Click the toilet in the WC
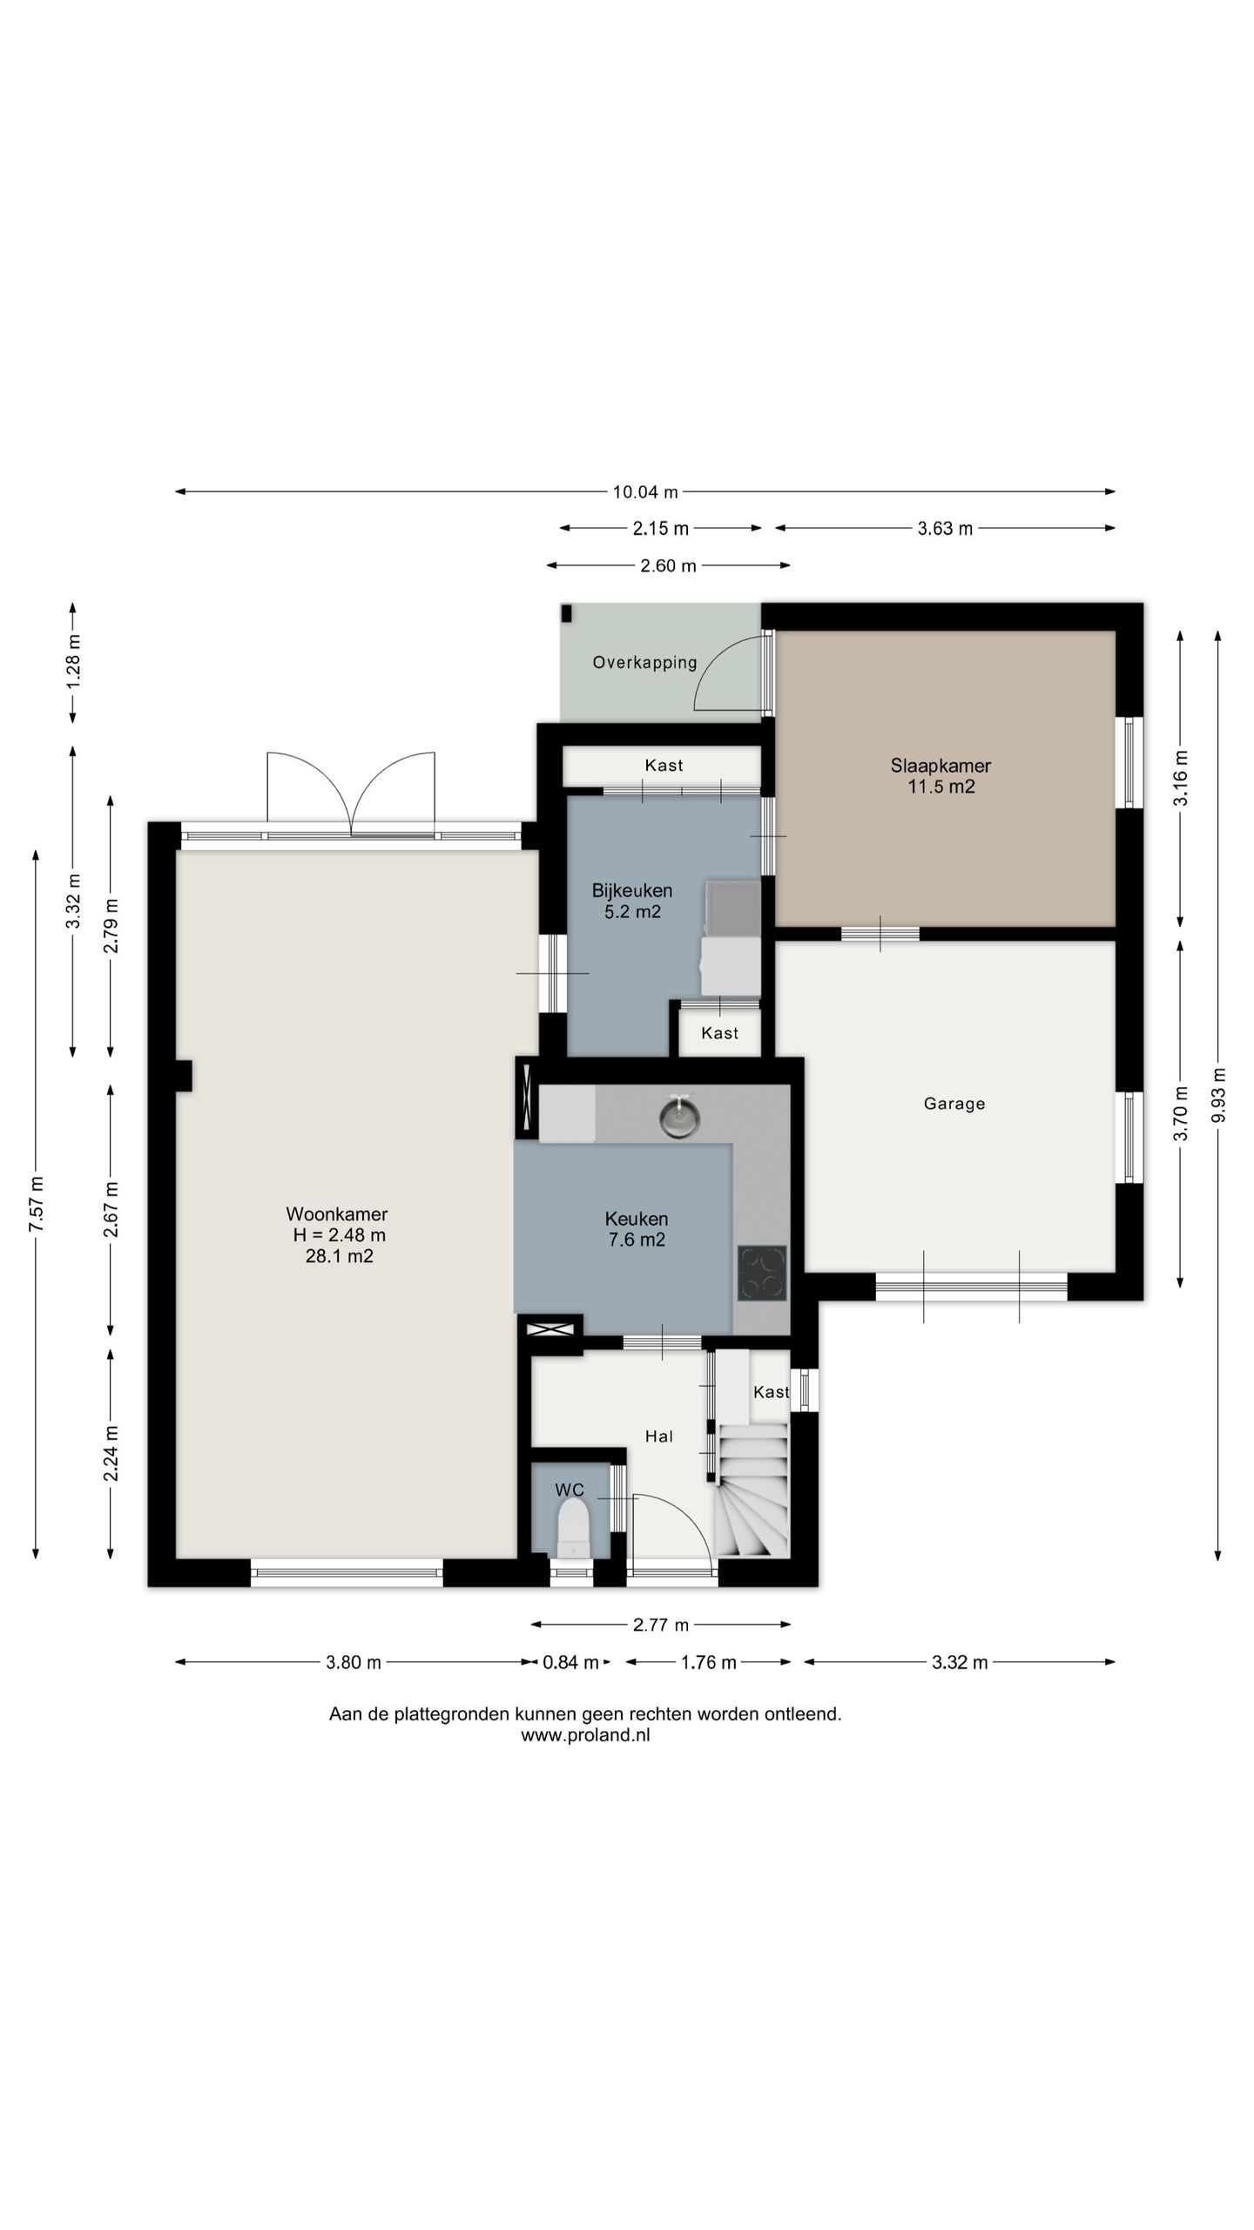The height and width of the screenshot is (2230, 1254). pyautogui.click(x=573, y=1527)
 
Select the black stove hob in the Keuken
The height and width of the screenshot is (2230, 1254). pyautogui.click(x=762, y=1273)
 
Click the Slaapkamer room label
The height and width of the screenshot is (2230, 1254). pyautogui.click(x=940, y=766)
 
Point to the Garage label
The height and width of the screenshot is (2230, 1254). pyautogui.click(x=954, y=1104)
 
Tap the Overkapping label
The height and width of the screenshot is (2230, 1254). pyautogui.click(x=644, y=663)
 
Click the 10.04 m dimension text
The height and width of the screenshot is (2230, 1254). pyautogui.click(x=645, y=492)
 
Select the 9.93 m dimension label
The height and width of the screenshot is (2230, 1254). pyautogui.click(x=1218, y=1096)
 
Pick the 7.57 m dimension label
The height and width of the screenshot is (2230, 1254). pyautogui.click(x=37, y=1204)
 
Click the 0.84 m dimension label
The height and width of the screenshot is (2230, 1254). pyautogui.click(x=570, y=1663)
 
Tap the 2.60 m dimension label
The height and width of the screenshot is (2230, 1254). pyautogui.click(x=668, y=566)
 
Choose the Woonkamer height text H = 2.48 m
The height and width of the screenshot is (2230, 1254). pyautogui.click(x=339, y=1235)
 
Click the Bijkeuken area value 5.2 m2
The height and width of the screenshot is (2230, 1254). pyautogui.click(x=632, y=912)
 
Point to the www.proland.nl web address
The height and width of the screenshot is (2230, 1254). pyautogui.click(x=585, y=1734)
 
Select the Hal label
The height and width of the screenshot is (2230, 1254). pyautogui.click(x=658, y=1436)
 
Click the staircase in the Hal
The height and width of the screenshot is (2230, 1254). pyautogui.click(x=752, y=1490)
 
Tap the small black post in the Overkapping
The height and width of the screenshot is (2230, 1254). pyautogui.click(x=566, y=613)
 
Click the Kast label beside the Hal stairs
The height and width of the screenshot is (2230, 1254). pyautogui.click(x=771, y=1392)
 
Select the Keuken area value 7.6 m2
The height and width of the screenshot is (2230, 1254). pyautogui.click(x=637, y=1240)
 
